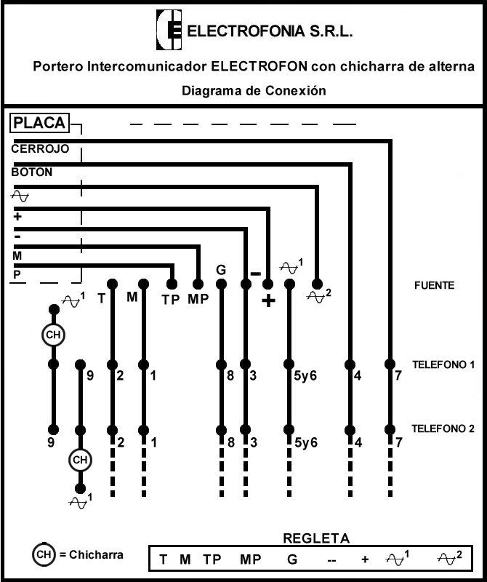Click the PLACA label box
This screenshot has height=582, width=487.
pos(39,123)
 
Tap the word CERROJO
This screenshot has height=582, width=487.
pos(40,149)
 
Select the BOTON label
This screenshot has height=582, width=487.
pos(32,172)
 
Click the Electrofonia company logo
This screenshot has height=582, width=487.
pos(169,30)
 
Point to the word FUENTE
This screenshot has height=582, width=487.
pos(435,285)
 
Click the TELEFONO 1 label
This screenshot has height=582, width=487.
pos(443,365)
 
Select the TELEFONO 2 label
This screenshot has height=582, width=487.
pos(443,428)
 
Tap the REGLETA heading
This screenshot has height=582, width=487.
pos(316,538)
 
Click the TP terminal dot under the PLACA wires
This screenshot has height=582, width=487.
pos(172,284)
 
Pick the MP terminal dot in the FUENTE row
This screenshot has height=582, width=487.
pos(198,284)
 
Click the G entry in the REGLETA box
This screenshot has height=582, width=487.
pos(292,559)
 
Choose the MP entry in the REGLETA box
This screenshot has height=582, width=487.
pos(251,559)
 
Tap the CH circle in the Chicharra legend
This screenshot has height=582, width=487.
pos(44,554)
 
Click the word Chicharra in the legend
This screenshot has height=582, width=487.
pos(96,554)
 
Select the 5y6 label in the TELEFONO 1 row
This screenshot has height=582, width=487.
pos(305,376)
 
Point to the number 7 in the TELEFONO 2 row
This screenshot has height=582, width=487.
pos(399,442)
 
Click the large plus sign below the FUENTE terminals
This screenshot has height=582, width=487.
pos(268,300)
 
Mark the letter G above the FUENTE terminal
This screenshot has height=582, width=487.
pos(221,270)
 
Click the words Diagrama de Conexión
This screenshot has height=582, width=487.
pos(254,90)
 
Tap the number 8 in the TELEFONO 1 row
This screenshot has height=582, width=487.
pos(230,376)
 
